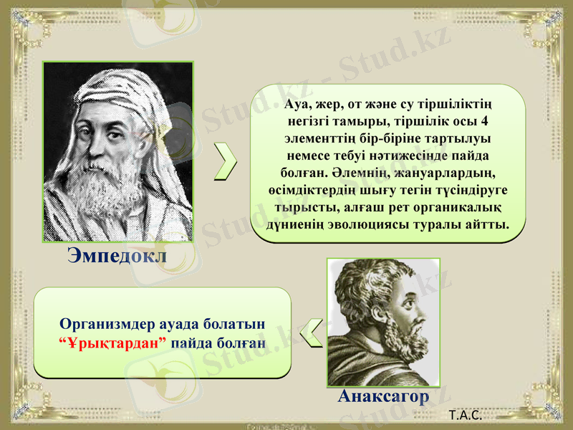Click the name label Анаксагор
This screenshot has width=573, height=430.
pyautogui.click(x=384, y=396)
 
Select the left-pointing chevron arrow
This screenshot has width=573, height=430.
pyautogui.click(x=309, y=334)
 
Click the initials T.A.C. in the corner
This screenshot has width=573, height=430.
pyautogui.click(x=463, y=415)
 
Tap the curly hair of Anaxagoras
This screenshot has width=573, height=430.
pyautogui.click(x=365, y=279)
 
